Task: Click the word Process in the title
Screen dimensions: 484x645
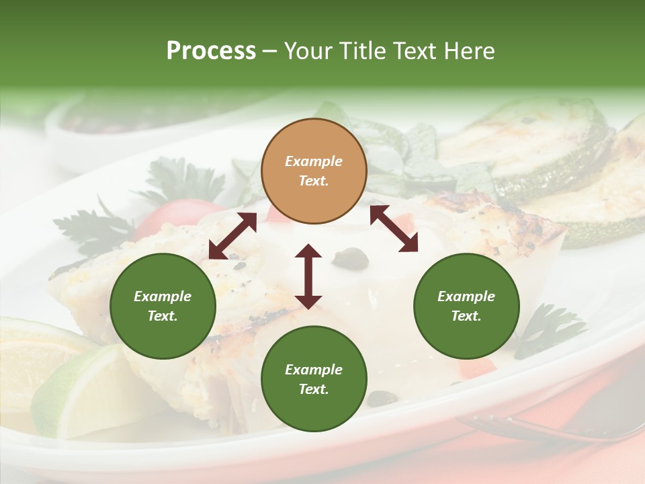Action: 211,51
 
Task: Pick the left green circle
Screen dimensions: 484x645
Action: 163,306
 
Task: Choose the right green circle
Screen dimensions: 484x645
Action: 466,306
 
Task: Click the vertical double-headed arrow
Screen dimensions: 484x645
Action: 308,276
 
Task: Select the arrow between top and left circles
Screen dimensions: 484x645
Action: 232,236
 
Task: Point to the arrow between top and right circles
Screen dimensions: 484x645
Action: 394,229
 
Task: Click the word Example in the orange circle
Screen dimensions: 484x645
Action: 314,161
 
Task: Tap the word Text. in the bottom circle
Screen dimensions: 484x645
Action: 314,389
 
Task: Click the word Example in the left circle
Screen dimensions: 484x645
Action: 163,296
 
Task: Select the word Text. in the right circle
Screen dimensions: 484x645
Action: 466,316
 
